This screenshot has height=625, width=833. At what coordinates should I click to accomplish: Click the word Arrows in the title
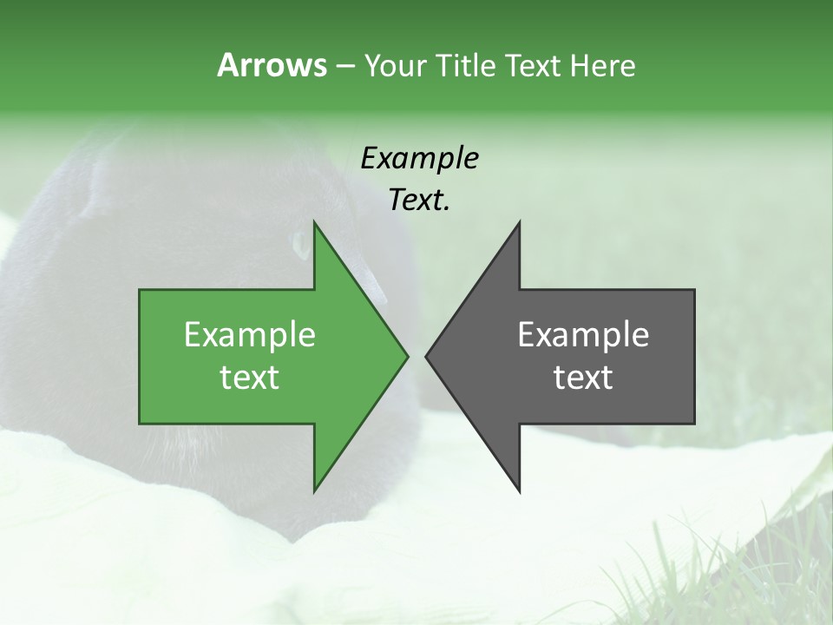pos(272,65)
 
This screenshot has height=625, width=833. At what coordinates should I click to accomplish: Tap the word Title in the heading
pos(468,66)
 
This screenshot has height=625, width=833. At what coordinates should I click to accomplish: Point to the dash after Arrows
pos(344,67)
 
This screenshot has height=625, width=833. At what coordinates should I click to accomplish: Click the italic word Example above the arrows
pos(419,159)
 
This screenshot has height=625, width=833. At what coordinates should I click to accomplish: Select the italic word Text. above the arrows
pos(419,201)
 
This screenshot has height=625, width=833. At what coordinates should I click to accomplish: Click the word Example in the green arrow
pos(250,335)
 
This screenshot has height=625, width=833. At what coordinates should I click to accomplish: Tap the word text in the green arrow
pos(250,378)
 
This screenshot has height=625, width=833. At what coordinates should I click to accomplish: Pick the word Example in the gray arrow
pos(583,335)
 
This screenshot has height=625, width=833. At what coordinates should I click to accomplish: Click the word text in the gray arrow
pos(583,378)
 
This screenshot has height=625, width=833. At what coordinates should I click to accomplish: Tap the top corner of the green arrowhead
pos(314,223)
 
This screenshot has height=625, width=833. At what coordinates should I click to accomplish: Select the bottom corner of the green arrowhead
pos(314,490)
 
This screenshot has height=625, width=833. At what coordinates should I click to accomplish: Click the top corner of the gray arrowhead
pos(519,223)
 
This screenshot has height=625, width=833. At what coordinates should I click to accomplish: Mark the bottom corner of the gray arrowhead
pos(519,490)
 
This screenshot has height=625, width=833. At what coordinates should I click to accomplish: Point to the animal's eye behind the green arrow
pos(301,246)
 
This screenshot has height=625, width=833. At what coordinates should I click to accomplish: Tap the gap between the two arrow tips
pos(416,356)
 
